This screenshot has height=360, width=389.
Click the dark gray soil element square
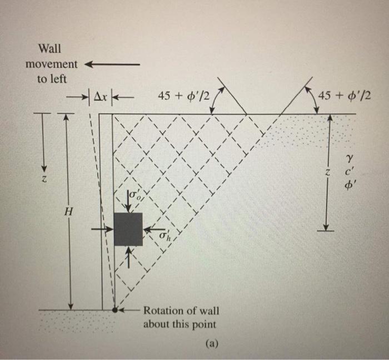click(x=128, y=229)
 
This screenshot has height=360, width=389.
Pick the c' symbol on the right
click(x=348, y=173)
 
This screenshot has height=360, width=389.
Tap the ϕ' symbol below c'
click(x=348, y=187)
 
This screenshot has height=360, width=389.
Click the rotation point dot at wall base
click(x=114, y=310)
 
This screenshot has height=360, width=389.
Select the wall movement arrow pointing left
click(x=111, y=64)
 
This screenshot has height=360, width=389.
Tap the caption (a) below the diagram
click(x=211, y=343)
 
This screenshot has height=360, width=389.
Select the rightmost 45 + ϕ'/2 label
click(x=343, y=96)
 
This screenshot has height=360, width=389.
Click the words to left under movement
click(x=52, y=79)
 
